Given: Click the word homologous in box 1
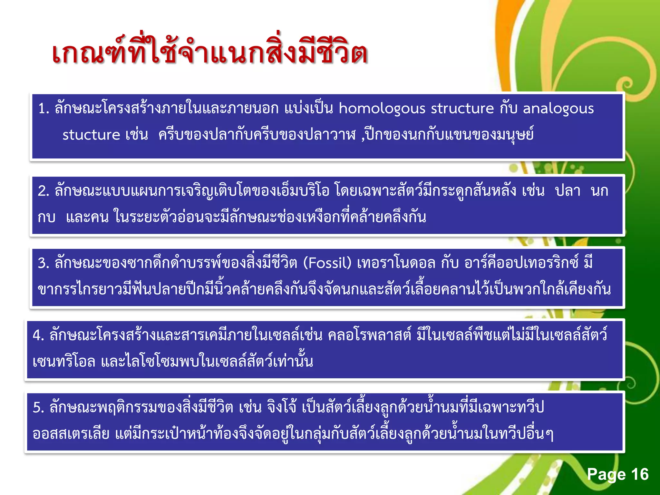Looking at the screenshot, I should coord(382,109).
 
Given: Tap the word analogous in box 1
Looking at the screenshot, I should coord(558,109).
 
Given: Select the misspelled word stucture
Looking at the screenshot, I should coord(91,135).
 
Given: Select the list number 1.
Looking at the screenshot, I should coord(43,109).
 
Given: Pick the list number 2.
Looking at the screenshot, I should coord(43,191).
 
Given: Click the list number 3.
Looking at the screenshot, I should coord(43,263).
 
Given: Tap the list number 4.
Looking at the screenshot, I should coord(38,335).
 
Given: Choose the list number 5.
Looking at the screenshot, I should coord(38,408).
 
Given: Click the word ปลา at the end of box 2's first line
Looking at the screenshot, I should coord(568,191).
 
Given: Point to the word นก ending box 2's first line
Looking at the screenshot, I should coord(599,191).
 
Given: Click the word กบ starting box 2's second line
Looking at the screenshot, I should coord(46,217).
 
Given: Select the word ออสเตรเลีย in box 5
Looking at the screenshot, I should coord(71,434).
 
